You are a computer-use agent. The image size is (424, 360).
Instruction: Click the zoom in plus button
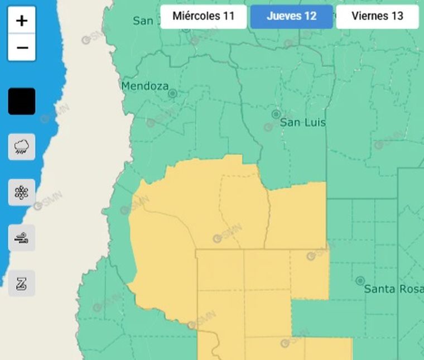(x=22, y=21)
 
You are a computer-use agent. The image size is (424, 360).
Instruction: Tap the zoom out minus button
(x=22, y=48)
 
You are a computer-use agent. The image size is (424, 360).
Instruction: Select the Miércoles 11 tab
(x=203, y=16)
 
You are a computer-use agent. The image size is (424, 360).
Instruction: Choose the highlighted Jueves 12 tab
(x=291, y=16)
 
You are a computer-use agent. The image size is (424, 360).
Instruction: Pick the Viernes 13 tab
(x=377, y=16)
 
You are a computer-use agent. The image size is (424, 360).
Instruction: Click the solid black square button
(x=22, y=102)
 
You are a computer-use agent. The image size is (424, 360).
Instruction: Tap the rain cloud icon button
(x=22, y=147)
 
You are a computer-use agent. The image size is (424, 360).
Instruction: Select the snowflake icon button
(x=22, y=193)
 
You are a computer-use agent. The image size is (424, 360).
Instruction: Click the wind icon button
(x=22, y=238)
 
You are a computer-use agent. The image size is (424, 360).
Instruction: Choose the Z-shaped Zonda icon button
(x=22, y=284)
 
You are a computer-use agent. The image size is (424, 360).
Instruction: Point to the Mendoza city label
(x=144, y=86)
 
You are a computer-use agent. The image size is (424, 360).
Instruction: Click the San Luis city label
(x=302, y=122)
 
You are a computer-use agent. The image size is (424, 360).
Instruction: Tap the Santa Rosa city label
(x=393, y=289)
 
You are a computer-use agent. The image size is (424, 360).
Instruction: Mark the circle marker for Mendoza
(x=173, y=94)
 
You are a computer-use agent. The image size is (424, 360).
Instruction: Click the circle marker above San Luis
(x=276, y=114)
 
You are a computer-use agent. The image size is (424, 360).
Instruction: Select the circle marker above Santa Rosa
(x=360, y=281)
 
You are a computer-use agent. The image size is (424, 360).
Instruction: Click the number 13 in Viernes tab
(x=397, y=16)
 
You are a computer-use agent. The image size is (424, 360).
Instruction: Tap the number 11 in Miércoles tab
(x=229, y=16)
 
